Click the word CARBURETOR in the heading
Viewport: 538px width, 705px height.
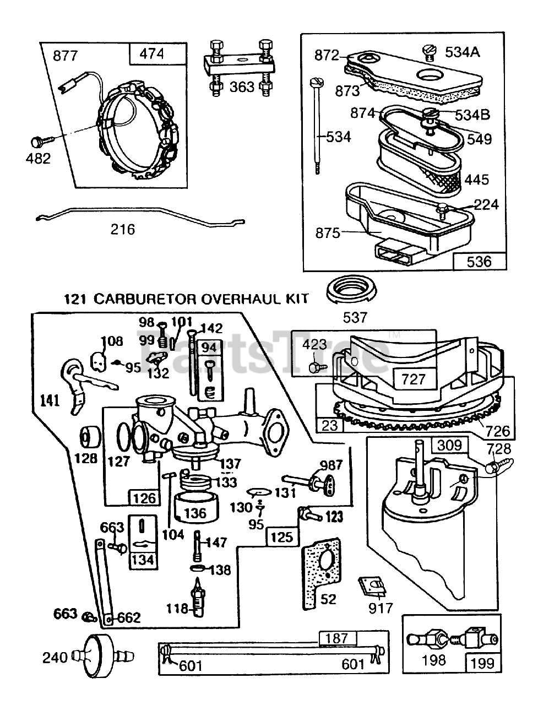(x=144, y=299)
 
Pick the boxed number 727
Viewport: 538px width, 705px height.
(x=414, y=379)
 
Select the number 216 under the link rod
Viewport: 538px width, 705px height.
(x=122, y=229)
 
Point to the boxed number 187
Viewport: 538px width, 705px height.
(x=336, y=638)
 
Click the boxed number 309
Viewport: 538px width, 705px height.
(x=449, y=444)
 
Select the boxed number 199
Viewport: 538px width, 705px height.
(x=483, y=663)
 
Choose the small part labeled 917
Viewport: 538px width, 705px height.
(x=369, y=588)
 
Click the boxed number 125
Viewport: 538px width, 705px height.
(x=282, y=536)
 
